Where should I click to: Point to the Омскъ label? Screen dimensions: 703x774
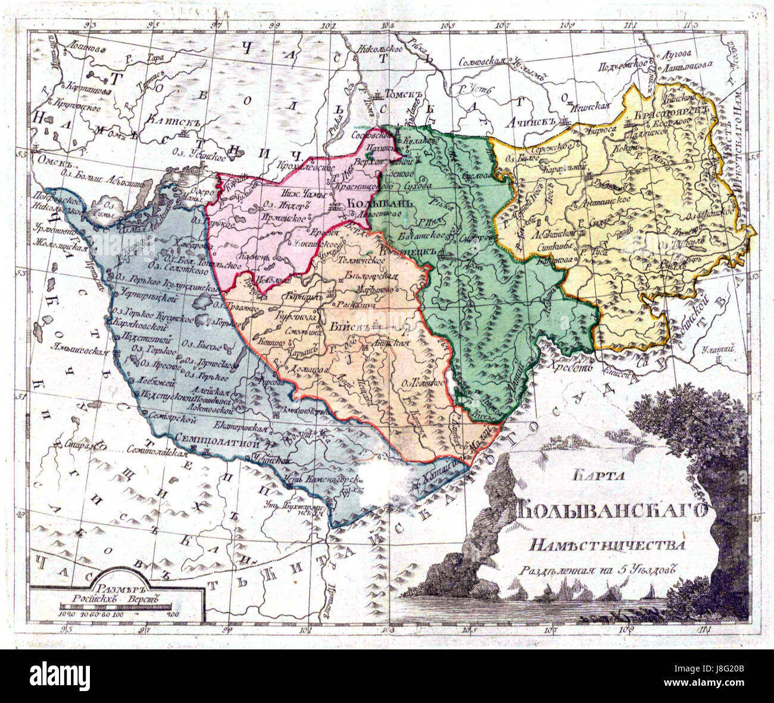(x=49, y=160)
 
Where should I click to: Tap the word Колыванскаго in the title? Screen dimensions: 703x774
(x=610, y=511)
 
